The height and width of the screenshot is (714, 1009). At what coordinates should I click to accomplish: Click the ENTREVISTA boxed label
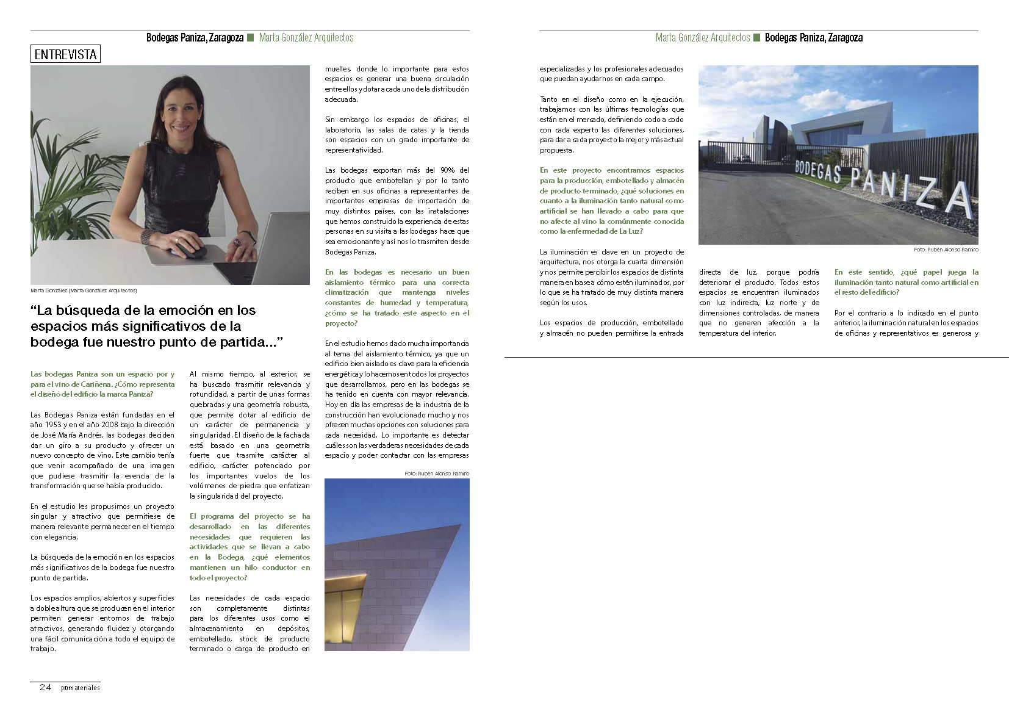[x=65, y=54]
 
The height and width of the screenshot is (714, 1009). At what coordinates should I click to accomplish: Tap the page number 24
[x=45, y=687]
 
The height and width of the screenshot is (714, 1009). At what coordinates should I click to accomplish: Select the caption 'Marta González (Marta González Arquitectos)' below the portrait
[x=84, y=290]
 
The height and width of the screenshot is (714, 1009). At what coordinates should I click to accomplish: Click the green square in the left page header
[x=250, y=38]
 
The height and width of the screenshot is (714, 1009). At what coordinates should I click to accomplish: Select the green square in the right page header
[x=757, y=38]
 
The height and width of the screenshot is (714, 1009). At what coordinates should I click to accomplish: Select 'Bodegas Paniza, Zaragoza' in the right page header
[x=813, y=38]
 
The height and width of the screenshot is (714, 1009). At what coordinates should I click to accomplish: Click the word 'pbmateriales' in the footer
[x=80, y=688]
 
